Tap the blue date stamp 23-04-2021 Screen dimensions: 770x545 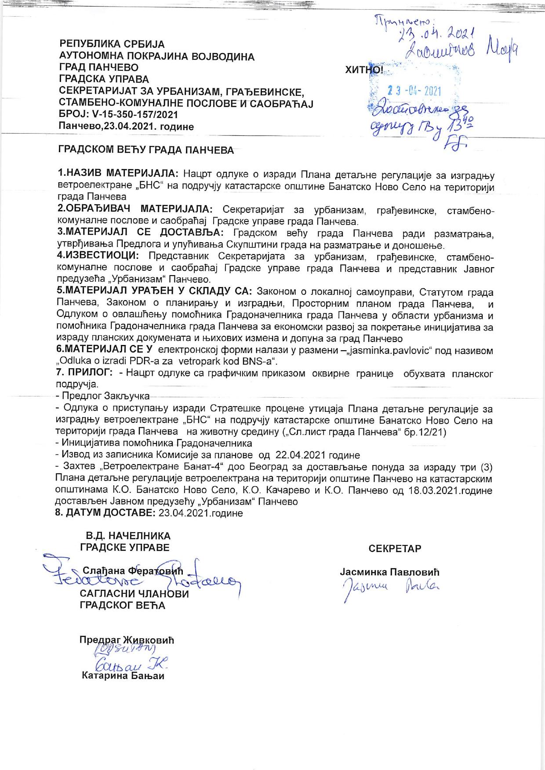(x=414, y=91)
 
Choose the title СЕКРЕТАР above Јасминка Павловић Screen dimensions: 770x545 (x=395, y=548)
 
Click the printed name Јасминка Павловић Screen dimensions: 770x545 (x=389, y=572)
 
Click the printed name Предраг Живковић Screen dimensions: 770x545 (x=127, y=640)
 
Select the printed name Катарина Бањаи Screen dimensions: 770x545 (x=123, y=676)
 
